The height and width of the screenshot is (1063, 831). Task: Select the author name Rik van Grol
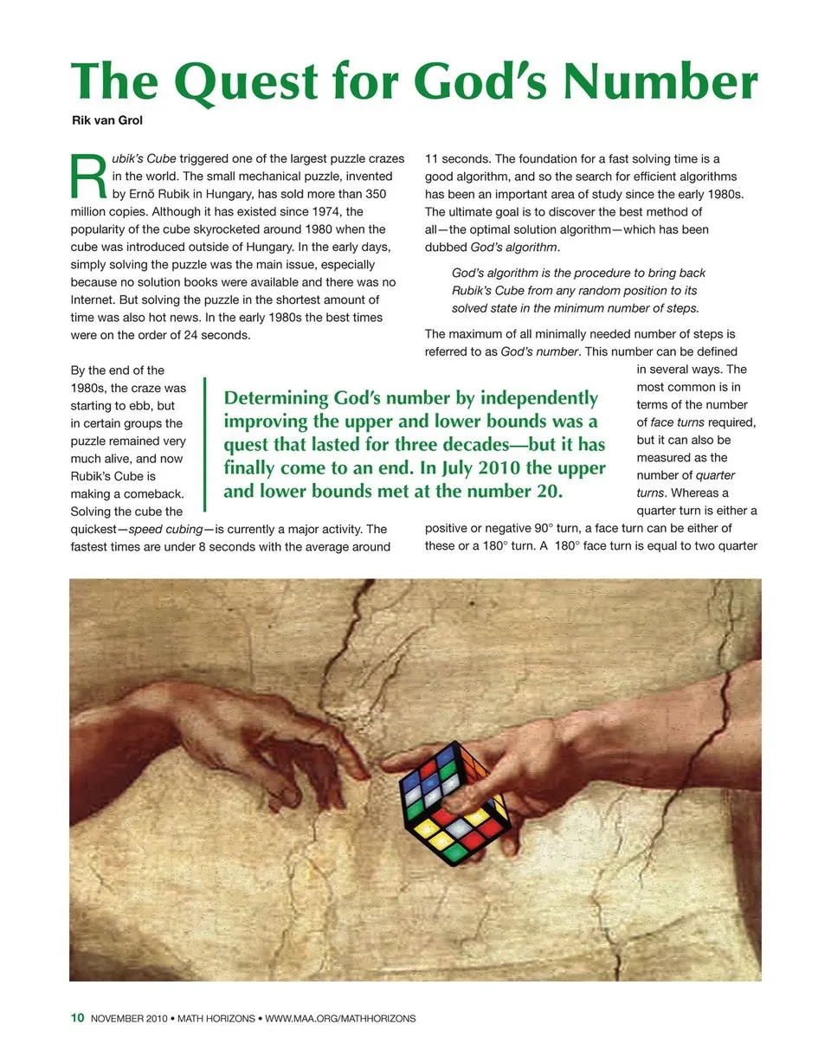coord(106,120)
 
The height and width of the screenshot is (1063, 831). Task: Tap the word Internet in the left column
coord(99,300)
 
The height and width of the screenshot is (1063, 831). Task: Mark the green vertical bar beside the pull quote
coord(205,443)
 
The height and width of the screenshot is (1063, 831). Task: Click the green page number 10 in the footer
coord(77,1019)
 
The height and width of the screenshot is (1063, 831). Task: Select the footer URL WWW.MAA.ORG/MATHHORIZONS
coord(340,1019)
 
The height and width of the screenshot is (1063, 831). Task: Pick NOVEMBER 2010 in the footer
coord(130,1019)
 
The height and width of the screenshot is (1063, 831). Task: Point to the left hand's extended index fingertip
coord(364,765)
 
